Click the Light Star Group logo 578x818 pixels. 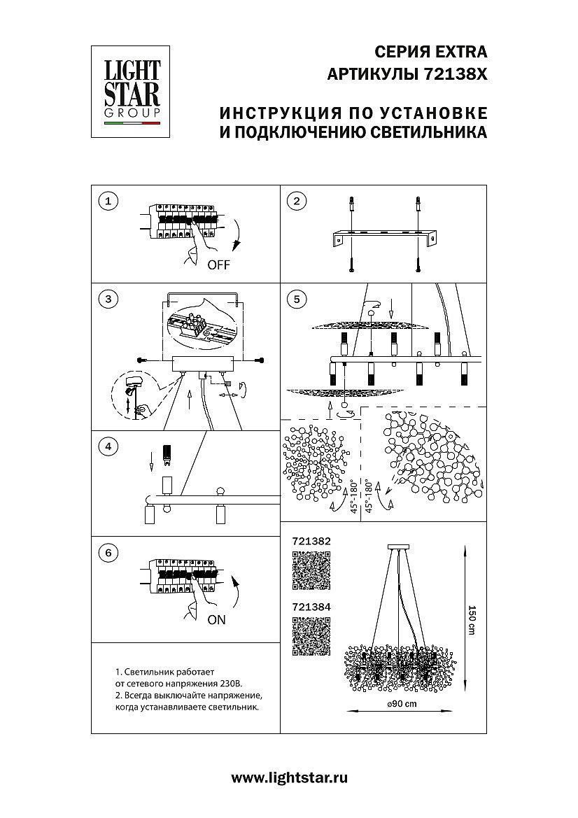[x=132, y=91]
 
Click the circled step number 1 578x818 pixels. [x=108, y=202]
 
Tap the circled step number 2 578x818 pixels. [x=297, y=202]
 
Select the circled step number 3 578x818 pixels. [x=108, y=299]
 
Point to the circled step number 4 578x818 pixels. [x=108, y=446]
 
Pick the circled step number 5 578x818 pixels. [x=297, y=299]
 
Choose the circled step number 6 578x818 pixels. [x=108, y=553]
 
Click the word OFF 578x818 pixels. [x=218, y=265]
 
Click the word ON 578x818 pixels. [x=216, y=620]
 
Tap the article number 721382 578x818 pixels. [x=310, y=542]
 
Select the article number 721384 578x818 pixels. [x=310, y=608]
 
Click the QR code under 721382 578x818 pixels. [x=310, y=570]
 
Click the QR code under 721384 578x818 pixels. [x=310, y=636]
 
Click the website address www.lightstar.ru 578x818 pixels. [x=289, y=777]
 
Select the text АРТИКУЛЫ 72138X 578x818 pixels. [x=407, y=74]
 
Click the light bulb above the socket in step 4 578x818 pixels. [x=167, y=455]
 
